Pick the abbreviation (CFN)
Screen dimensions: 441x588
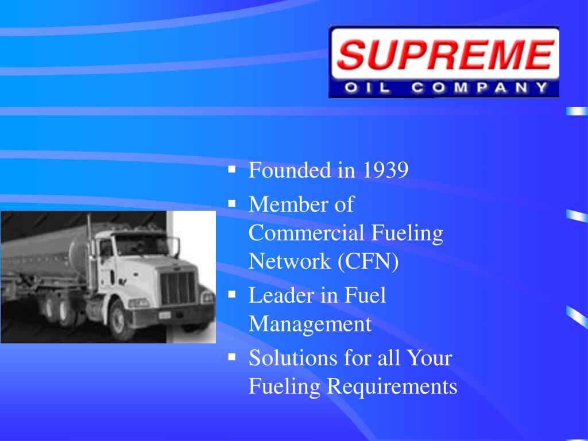coord(368,261)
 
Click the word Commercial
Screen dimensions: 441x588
coord(307,233)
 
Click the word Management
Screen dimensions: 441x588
coord(310,324)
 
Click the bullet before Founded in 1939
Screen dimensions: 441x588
coord(232,169)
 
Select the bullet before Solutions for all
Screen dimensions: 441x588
coord(232,357)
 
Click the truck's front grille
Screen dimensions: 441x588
coord(178,287)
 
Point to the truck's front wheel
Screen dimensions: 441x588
coord(123,319)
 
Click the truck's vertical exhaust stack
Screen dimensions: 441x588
coord(90,241)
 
